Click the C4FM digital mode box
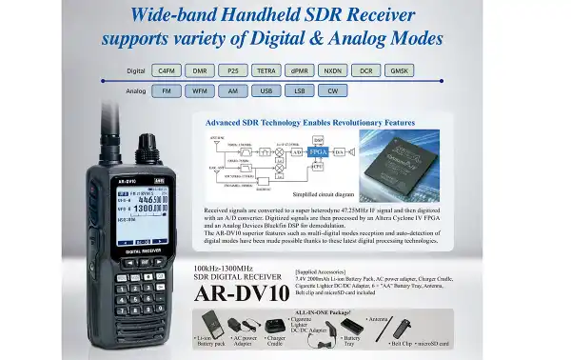pos(167,70)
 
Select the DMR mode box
pos(200,70)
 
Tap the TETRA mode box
pos(266,70)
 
